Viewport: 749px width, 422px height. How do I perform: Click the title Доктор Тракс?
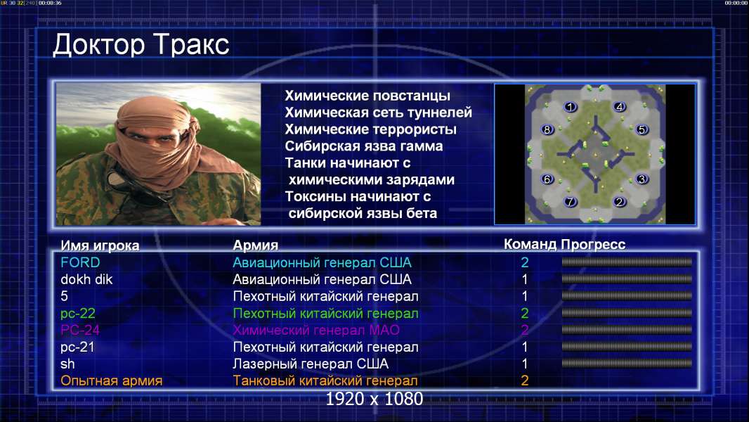141,44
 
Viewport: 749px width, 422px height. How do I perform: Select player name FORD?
80,262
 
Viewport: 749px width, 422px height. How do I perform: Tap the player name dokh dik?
86,279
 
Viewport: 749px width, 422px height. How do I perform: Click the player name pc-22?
78,314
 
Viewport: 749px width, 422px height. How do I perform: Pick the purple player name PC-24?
80,330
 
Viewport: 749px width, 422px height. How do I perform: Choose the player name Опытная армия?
111,381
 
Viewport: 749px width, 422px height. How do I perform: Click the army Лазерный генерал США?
311,364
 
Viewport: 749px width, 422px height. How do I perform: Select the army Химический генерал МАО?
316,330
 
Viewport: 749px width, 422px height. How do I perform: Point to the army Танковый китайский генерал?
325,381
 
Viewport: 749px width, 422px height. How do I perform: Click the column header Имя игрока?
100,245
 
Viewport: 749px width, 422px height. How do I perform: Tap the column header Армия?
256,245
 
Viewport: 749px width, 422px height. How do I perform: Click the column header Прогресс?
593,244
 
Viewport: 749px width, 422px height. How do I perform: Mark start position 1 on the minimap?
570,107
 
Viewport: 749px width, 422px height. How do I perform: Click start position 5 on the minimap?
642,129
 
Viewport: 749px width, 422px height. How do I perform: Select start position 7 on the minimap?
570,202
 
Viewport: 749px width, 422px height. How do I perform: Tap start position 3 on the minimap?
642,179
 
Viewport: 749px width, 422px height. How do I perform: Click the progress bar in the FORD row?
627,262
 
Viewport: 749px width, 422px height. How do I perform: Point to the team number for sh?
524,364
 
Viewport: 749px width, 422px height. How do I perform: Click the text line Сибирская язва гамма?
364,146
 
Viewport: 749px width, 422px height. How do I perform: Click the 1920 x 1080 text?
374,399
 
